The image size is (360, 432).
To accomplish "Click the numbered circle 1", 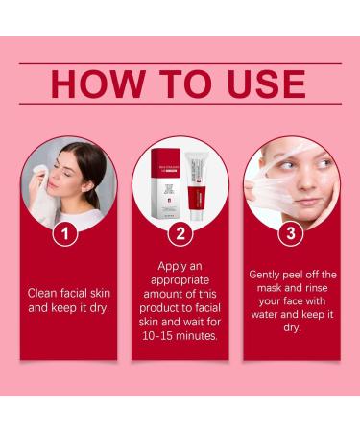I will pyautogui.click(x=64, y=232).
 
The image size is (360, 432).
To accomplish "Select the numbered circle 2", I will pyautogui.click(x=179, y=232).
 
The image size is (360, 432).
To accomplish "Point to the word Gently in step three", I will pyautogui.click(x=265, y=274).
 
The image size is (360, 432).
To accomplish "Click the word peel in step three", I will pyautogui.click(x=302, y=274).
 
